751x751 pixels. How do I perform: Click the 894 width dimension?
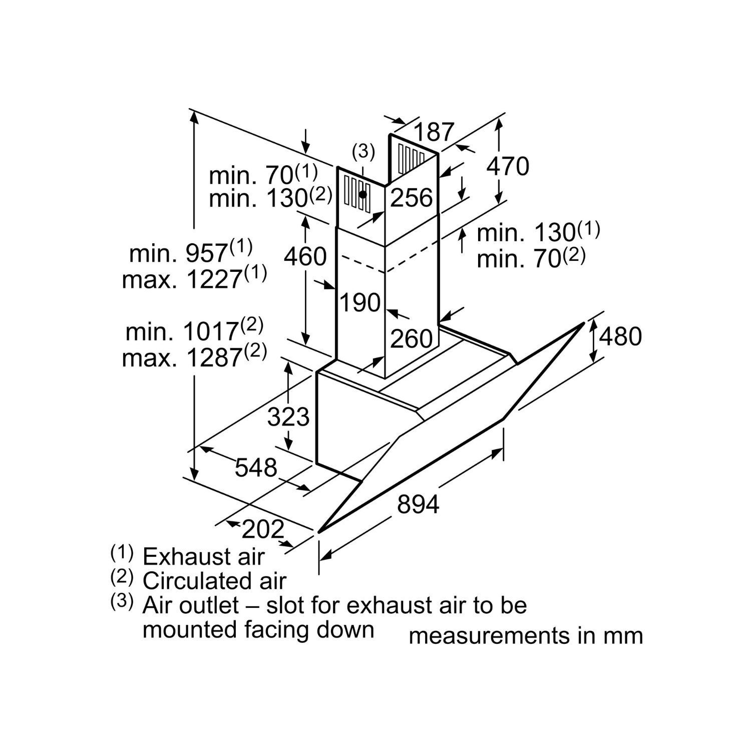pyautogui.click(x=418, y=504)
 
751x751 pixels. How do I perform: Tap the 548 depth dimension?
pyautogui.click(x=256, y=468)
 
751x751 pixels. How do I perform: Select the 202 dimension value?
pyautogui.click(x=263, y=529)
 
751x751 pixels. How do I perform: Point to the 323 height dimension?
pyautogui.click(x=288, y=417)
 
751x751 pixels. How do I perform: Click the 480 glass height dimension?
pyautogui.click(x=620, y=336)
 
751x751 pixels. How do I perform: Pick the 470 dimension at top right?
pyautogui.click(x=508, y=166)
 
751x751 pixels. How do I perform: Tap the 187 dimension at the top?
pyautogui.click(x=434, y=132)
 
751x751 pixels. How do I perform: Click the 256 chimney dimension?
pyautogui.click(x=411, y=198)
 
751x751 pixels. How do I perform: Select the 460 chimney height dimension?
pyautogui.click(x=305, y=256)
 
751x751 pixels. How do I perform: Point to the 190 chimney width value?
pyautogui.click(x=360, y=302)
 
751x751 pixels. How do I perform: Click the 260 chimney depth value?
pyautogui.click(x=411, y=339)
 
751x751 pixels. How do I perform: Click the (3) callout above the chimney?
pyautogui.click(x=363, y=151)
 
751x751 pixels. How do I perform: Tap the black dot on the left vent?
pyautogui.click(x=362, y=194)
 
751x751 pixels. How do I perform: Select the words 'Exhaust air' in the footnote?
pyautogui.click(x=203, y=556)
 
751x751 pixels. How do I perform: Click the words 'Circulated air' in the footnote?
pyautogui.click(x=214, y=581)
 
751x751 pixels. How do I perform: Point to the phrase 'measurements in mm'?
pyautogui.click(x=526, y=635)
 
